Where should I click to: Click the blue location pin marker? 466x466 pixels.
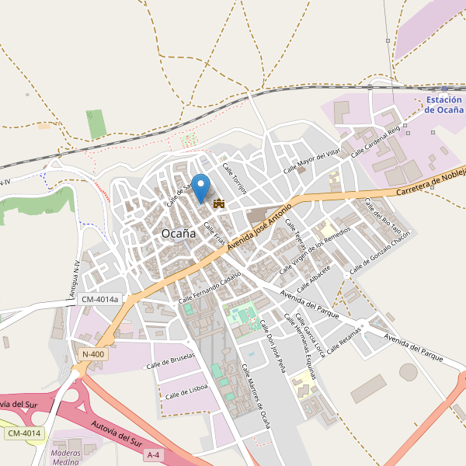[x=201, y=187]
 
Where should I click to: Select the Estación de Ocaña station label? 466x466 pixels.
[x=444, y=105]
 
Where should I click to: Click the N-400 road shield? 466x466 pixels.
[x=92, y=355]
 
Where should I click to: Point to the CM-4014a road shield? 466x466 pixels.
[x=100, y=299]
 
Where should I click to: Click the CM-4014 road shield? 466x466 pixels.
[x=25, y=433]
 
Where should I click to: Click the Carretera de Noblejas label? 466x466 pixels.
[x=429, y=183]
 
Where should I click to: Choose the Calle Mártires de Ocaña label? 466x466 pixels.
[x=256, y=396]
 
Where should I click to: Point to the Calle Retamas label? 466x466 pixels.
[x=346, y=340]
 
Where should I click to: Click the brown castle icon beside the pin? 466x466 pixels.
[x=219, y=203]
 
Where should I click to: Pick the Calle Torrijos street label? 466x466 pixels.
[x=234, y=180]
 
